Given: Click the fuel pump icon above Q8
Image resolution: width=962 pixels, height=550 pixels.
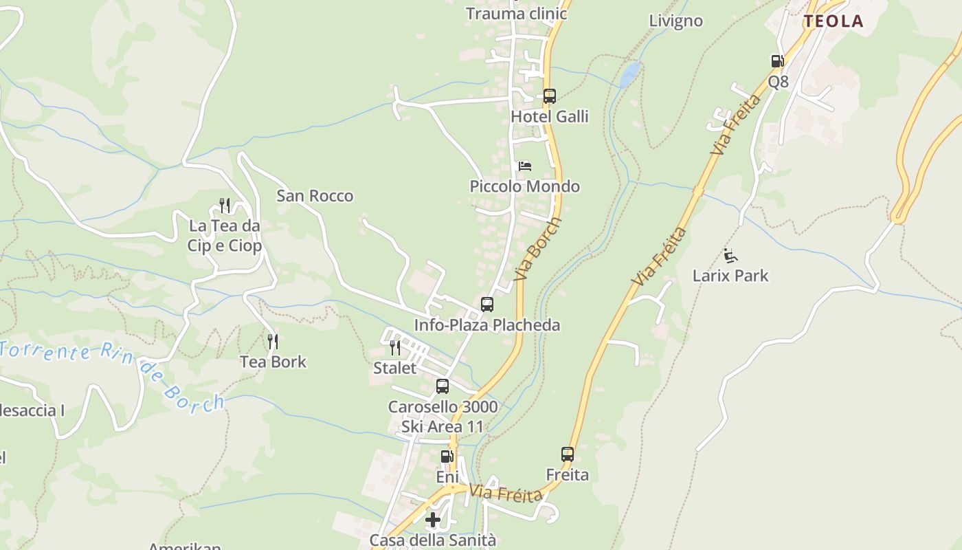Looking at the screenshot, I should [777, 61].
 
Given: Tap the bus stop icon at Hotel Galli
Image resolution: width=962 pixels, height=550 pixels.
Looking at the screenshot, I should [549, 96].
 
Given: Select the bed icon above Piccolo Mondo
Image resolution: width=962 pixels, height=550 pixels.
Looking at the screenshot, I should [524, 166].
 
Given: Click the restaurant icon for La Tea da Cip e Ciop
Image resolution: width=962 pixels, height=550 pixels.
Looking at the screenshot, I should [225, 205].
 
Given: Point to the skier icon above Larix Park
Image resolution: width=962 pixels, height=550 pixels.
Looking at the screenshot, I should [730, 256].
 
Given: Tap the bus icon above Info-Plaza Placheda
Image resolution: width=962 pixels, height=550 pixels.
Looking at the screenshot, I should [486, 304].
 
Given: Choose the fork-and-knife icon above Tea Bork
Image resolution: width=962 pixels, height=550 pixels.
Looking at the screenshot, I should [273, 342].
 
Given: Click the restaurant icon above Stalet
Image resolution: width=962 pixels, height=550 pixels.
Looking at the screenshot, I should [394, 348].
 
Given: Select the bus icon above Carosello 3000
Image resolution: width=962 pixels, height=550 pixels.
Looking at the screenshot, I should [443, 386].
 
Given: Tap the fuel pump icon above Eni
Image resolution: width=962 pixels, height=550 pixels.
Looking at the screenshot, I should [447, 456].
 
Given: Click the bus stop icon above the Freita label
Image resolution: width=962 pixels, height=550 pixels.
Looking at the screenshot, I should [567, 454].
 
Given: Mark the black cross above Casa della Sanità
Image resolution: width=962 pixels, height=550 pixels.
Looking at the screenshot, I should [433, 520].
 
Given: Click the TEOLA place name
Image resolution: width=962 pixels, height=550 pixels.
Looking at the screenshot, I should [834, 21].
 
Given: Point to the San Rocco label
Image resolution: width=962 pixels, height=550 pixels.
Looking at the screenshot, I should [315, 196].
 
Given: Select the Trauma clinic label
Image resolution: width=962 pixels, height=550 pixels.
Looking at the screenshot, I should [516, 14].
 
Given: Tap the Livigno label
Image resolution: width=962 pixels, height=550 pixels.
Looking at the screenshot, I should [676, 21].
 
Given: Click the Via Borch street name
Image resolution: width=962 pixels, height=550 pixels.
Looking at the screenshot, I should [538, 249].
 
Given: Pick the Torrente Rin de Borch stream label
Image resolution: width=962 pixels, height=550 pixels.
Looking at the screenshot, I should [113, 371].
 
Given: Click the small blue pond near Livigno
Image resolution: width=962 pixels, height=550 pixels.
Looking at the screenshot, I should [630, 74].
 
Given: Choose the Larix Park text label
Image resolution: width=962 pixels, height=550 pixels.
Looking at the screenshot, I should [730, 276].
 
